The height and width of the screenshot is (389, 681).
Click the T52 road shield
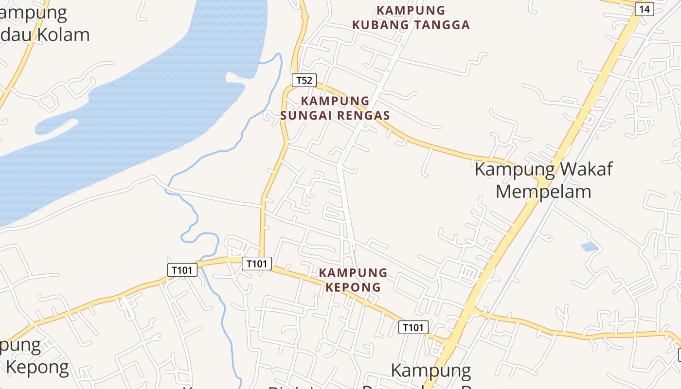click(x=304, y=80)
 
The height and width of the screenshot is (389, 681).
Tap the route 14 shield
click(x=644, y=9)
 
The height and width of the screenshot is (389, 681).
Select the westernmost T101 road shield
click(x=182, y=270)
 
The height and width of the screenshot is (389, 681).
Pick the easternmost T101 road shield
click(x=413, y=327)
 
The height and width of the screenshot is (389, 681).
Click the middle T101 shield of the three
click(x=256, y=264)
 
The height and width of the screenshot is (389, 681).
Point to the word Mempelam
click(x=543, y=191)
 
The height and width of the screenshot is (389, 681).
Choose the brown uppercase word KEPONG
click(x=353, y=287)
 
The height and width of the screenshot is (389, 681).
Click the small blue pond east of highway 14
click(x=590, y=247)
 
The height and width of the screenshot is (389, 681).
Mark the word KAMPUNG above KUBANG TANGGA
click(x=411, y=10)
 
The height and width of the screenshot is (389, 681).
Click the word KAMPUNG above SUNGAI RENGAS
click(x=335, y=101)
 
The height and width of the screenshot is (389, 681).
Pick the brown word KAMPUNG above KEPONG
click(x=353, y=273)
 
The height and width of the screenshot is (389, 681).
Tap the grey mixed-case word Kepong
click(x=37, y=367)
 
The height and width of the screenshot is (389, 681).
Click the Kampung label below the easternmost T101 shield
click(x=431, y=371)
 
